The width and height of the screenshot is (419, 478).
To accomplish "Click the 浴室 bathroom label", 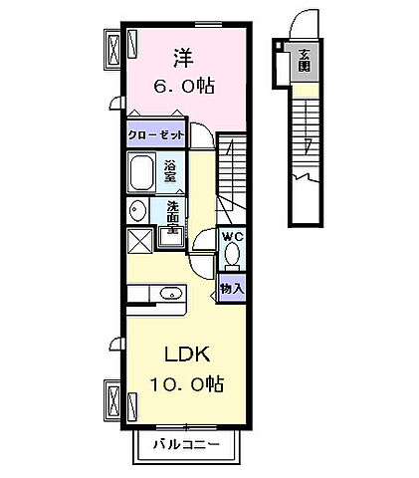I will [170, 170].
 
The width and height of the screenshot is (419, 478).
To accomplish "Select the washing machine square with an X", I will [139, 241].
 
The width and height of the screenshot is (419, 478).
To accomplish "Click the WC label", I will [233, 236].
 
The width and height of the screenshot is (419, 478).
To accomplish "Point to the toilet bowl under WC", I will [233, 255].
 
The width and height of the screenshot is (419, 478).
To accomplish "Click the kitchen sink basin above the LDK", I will [170, 293].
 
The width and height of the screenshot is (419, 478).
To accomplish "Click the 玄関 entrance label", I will [303, 61].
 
